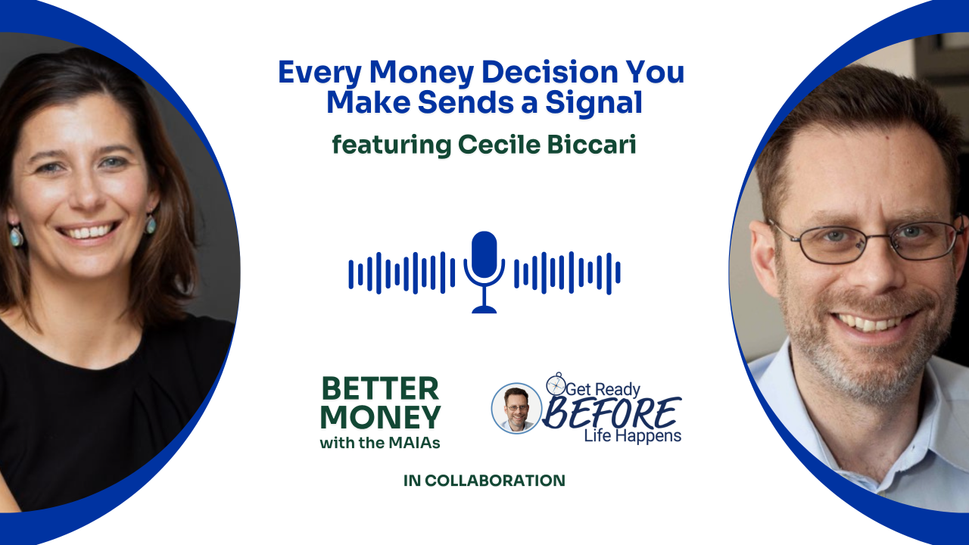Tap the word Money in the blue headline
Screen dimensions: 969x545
coord(422,73)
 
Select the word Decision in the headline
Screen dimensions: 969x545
coord(549,72)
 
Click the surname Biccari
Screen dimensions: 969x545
coord(591,144)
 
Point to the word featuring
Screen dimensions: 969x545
coord(391,145)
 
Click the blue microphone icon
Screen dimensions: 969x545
coord(484,272)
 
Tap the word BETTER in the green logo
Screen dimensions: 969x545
coord(380,388)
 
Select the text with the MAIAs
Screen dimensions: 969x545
coord(380,443)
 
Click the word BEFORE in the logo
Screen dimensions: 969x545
coord(611,413)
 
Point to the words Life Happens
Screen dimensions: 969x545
coord(632,435)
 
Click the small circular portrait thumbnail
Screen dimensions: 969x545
coord(516,408)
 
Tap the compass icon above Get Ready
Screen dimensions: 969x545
coord(556,384)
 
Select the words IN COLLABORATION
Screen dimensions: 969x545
coord(484,481)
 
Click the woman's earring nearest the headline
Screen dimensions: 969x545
coord(150,223)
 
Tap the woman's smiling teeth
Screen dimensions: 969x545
coord(89,232)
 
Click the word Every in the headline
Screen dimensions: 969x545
coord(319,73)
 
